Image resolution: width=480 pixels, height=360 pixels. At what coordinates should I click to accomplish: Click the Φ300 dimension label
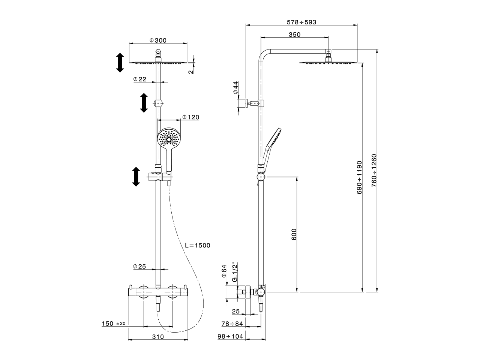point(157,40)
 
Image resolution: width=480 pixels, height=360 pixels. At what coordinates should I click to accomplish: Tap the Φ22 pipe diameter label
point(139,79)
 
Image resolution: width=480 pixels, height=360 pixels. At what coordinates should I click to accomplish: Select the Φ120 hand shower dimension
point(190,117)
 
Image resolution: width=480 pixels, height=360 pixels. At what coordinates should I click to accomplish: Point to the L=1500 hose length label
point(198,246)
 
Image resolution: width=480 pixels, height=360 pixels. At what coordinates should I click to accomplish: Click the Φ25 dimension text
point(139,267)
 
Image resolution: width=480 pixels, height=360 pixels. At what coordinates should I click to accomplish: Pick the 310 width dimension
point(158,337)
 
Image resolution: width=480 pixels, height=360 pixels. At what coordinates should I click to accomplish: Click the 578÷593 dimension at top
point(301,22)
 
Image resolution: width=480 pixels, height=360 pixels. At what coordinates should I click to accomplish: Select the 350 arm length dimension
point(295,34)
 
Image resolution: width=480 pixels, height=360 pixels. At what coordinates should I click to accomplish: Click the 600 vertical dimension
point(294,234)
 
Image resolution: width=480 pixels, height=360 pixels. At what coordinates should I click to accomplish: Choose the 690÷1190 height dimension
point(359,177)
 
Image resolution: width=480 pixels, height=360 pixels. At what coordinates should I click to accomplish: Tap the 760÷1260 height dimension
point(373,171)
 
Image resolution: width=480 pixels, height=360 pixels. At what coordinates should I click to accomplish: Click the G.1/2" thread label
point(235,272)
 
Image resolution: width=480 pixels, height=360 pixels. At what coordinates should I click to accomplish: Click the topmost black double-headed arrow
point(120,63)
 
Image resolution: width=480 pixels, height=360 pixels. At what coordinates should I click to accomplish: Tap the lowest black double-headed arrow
point(136,177)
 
